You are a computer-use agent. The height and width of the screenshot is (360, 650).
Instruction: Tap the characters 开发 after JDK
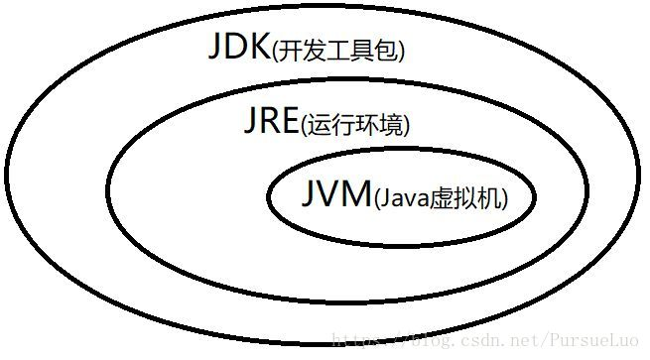point(299,52)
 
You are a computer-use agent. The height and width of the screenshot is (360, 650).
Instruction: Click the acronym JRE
point(270,122)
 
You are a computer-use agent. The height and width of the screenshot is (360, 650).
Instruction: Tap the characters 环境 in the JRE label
point(374,126)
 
